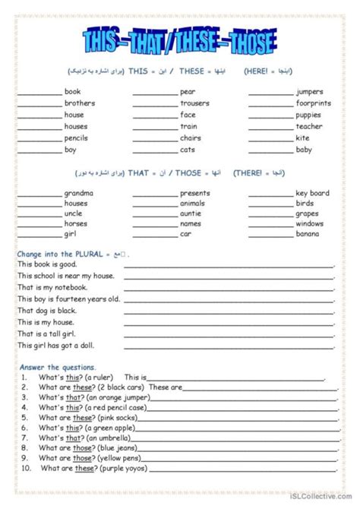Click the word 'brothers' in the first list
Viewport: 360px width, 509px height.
click(x=80, y=103)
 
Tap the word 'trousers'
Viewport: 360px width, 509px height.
click(x=194, y=103)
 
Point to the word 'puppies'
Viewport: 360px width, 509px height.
click(x=309, y=115)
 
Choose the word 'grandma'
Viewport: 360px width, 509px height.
click(x=79, y=193)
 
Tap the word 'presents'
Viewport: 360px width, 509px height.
click(x=195, y=193)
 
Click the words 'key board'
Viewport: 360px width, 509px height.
click(x=312, y=193)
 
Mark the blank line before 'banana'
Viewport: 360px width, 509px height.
click(x=270, y=235)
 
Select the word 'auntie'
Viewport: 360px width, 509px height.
click(x=191, y=213)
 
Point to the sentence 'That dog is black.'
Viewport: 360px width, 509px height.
click(x=49, y=311)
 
